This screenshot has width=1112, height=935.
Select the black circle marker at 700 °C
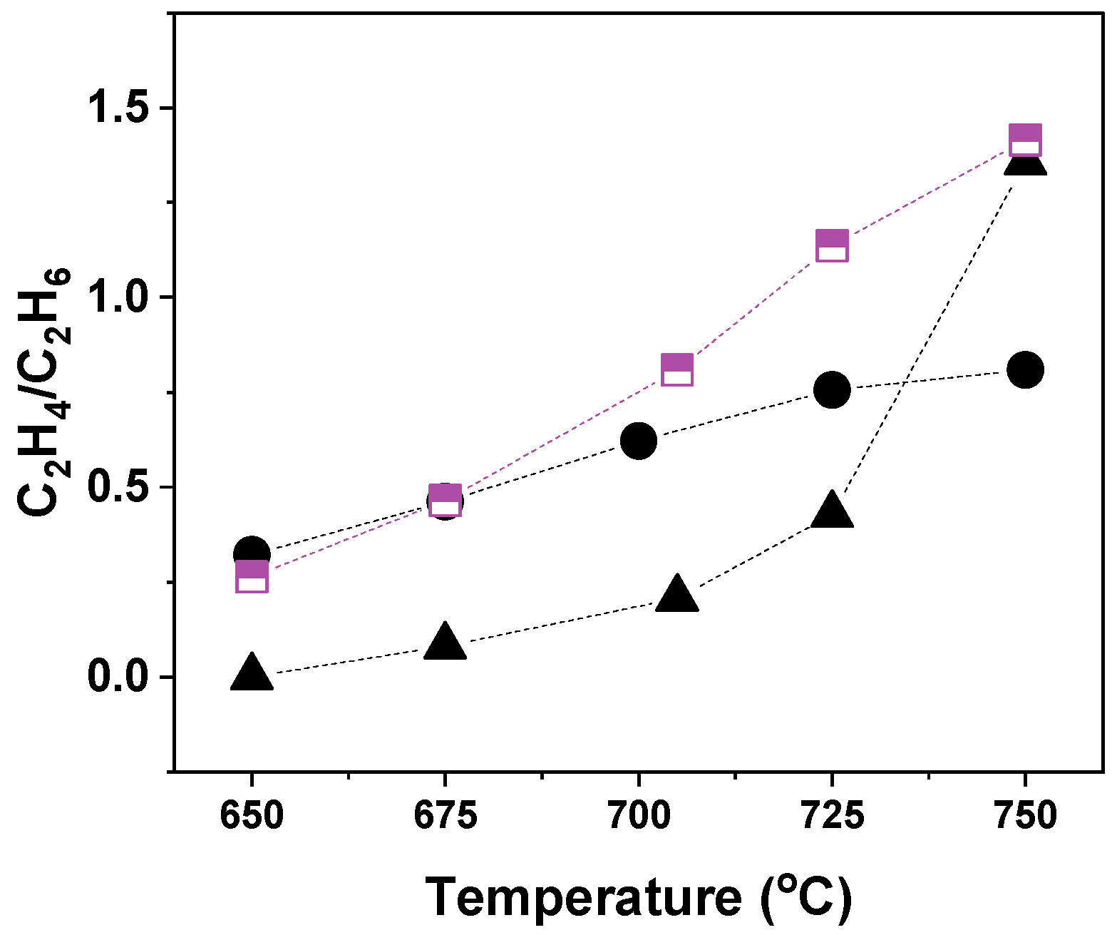638,441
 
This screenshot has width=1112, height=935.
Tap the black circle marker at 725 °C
832,389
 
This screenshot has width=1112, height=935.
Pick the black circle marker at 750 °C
1026,369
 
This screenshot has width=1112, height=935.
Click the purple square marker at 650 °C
252,576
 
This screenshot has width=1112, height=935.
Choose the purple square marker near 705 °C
677,369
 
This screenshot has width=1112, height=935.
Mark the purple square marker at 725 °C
832,246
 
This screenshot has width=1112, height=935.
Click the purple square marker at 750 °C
1026,140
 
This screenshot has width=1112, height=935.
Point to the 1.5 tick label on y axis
120,108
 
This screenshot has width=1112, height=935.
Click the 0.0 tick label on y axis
120,677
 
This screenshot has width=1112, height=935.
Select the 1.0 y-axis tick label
120,297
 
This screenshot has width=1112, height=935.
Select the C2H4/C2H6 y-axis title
44,392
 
